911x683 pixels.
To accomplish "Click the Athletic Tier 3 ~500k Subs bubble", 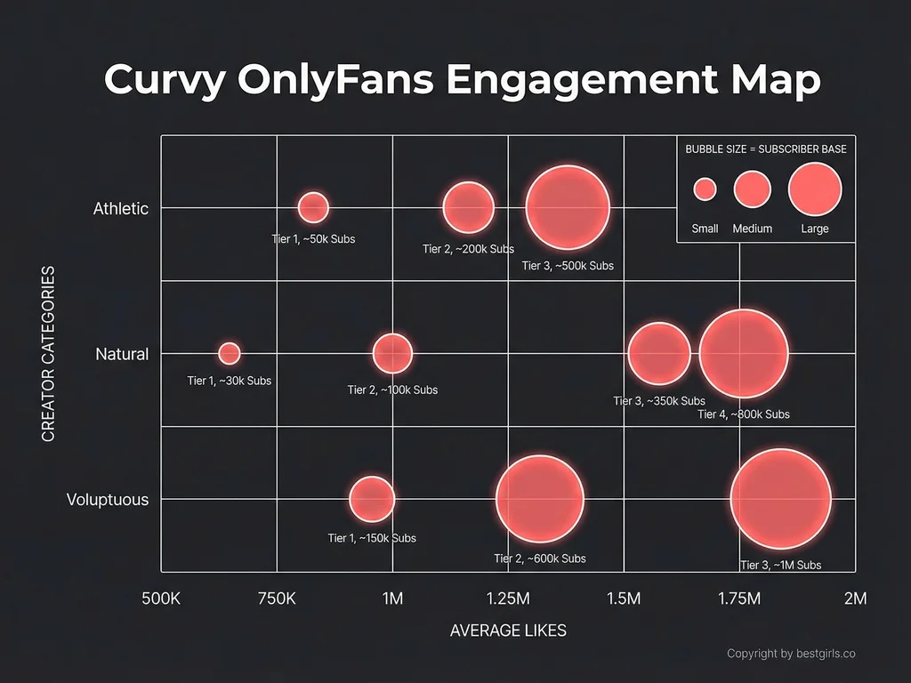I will (x=568, y=207).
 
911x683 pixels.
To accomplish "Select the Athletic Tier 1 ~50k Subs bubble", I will (x=313, y=207).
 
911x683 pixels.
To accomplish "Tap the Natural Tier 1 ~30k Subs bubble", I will (x=230, y=353).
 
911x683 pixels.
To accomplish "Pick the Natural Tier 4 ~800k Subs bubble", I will (x=744, y=353).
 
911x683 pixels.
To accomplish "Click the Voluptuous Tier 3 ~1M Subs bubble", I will (x=780, y=499).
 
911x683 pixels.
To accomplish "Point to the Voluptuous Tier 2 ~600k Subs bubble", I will (x=539, y=499).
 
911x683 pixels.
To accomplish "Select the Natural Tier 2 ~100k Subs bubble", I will (x=392, y=353).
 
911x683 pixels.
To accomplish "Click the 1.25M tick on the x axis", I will (x=507, y=598).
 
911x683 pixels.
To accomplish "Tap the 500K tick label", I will (x=161, y=598).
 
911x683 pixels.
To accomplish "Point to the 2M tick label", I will (x=855, y=598).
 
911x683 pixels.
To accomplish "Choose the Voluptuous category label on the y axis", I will (x=108, y=500).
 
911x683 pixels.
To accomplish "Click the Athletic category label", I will (x=121, y=209).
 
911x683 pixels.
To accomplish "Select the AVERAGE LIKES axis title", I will (x=508, y=631).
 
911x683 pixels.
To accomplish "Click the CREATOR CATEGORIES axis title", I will (x=49, y=353).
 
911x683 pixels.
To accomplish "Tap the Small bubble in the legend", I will (x=705, y=189).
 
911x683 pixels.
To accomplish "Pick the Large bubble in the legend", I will (x=814, y=189).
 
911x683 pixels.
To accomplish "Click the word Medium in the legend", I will (x=753, y=229).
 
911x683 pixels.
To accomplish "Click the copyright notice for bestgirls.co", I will (x=791, y=654).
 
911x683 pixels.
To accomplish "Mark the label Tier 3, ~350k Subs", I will (x=659, y=401).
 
